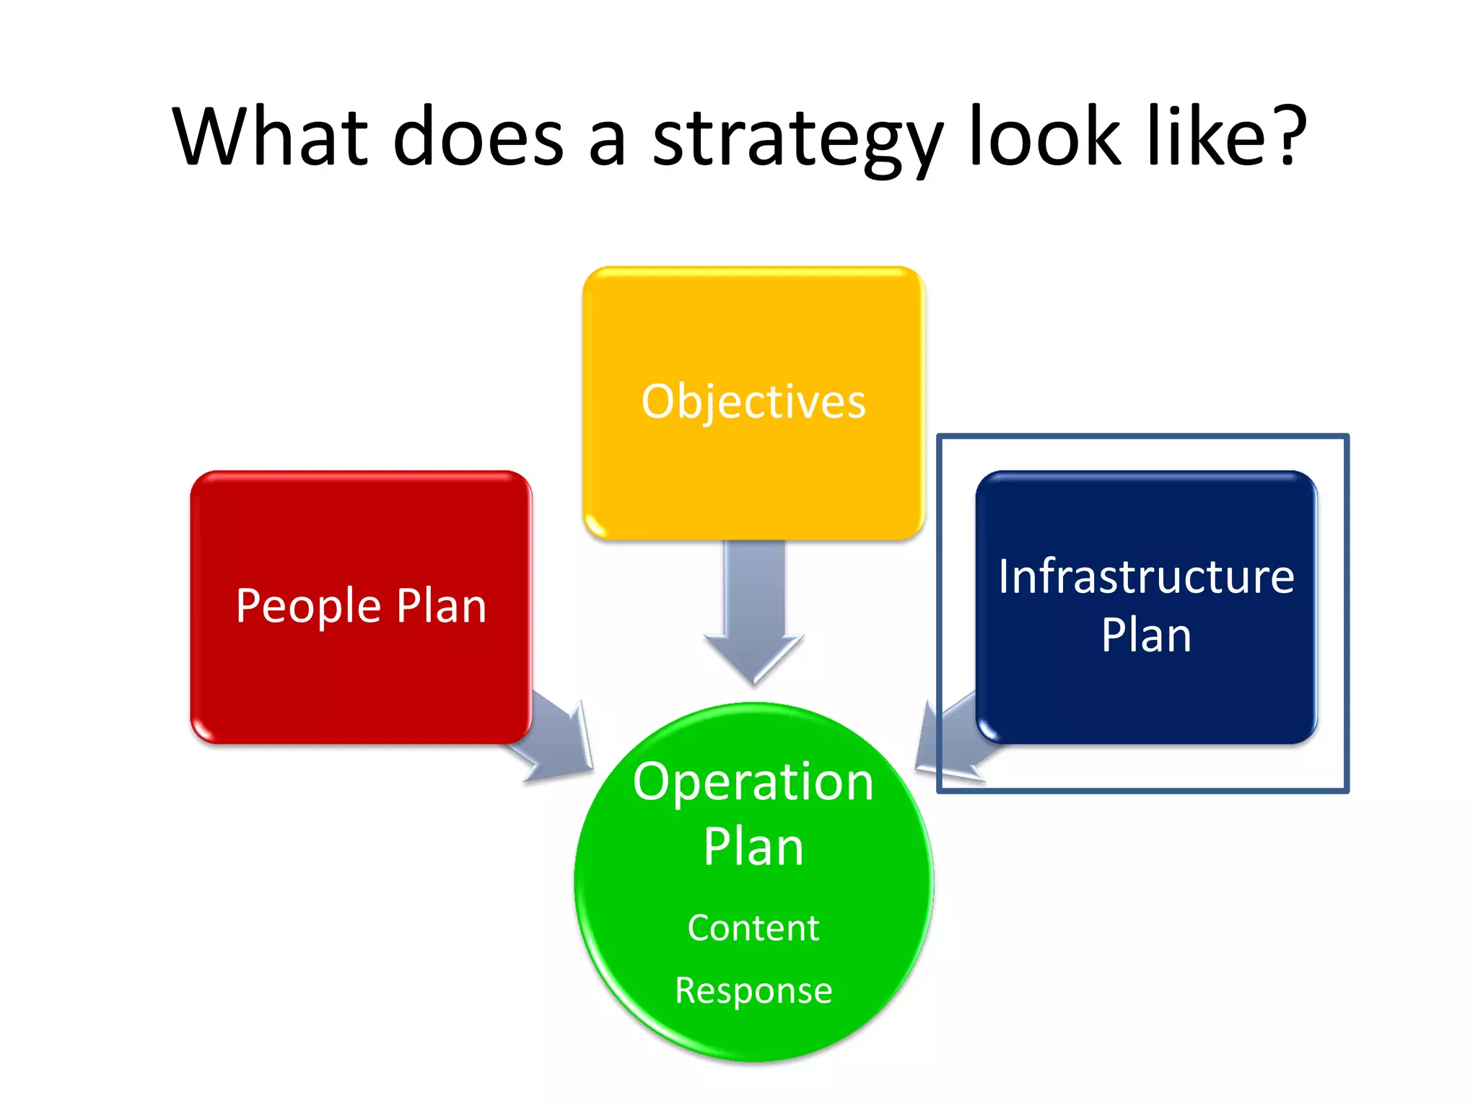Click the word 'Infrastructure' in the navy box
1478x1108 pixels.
1146,576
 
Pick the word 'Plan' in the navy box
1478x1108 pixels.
1146,636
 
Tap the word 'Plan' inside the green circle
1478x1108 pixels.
753,847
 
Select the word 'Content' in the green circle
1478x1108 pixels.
753,928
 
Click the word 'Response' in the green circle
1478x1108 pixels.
753,990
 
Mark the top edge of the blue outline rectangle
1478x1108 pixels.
1142,436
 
